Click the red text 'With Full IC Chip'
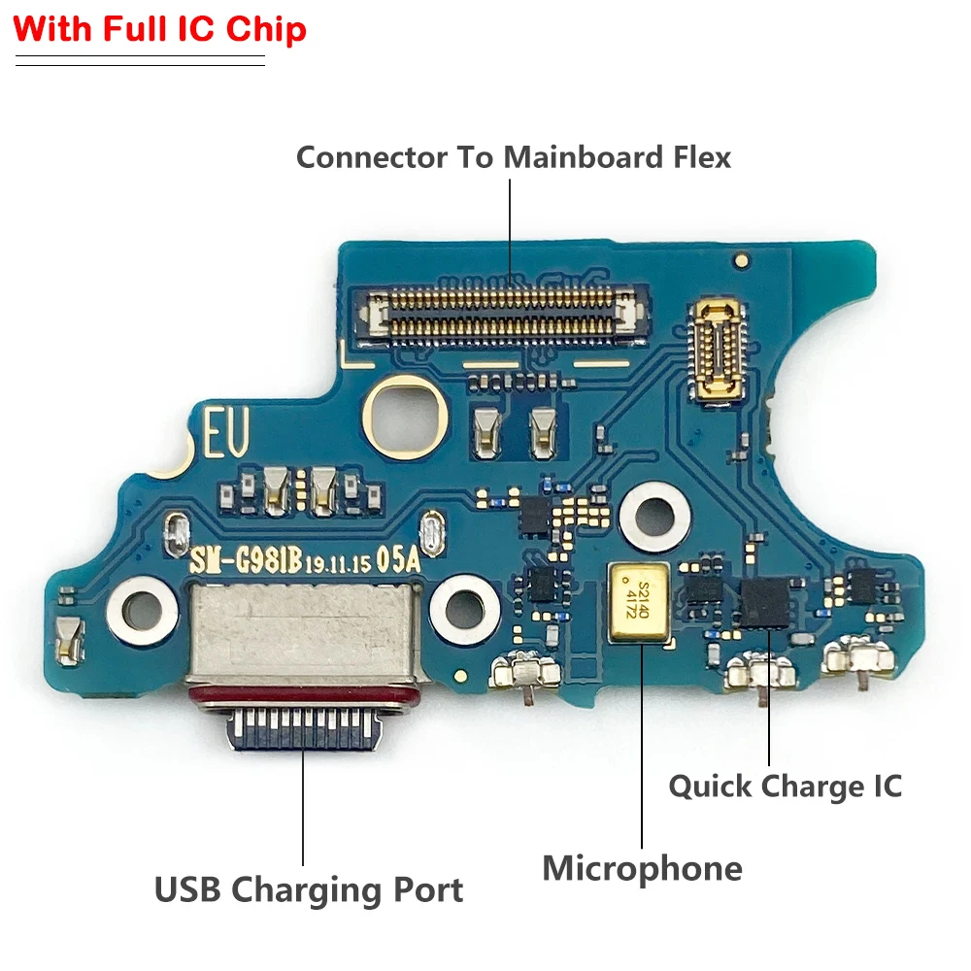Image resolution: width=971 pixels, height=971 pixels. point(160,29)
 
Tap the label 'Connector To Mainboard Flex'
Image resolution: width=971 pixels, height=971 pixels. point(513,156)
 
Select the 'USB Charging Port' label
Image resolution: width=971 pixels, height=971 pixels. point(309,889)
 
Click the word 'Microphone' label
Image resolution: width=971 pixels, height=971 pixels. point(642,868)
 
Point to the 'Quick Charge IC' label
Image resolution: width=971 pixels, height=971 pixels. point(785,786)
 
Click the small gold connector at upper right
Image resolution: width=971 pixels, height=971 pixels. point(719,347)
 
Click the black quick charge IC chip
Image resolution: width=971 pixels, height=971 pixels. point(765,601)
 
